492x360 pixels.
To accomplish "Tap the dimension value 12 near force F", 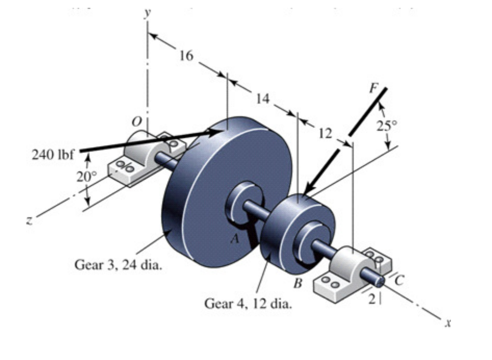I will pyautogui.click(x=325, y=133).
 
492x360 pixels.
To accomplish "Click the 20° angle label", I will pyautogui.click(x=85, y=177).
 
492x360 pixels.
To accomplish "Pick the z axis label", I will pyautogui.click(x=30, y=220).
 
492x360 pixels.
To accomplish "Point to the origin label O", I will pyautogui.click(x=136, y=121).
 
